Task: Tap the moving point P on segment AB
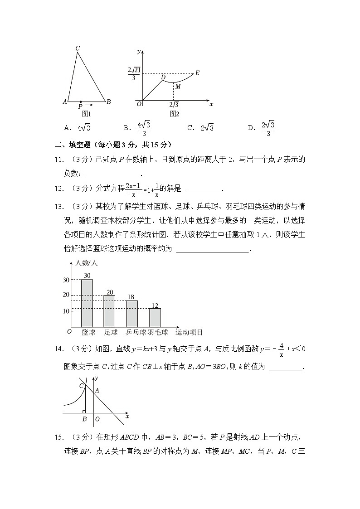[x=80, y=102]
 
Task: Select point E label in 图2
[x=197, y=73]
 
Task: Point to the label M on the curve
[x=178, y=86]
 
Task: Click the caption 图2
[x=175, y=114]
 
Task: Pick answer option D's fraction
[x=268, y=128]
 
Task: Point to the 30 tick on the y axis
[x=66, y=280]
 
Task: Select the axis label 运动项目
[x=189, y=332]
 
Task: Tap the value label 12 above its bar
[x=155, y=305]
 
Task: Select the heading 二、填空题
[x=73, y=145]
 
